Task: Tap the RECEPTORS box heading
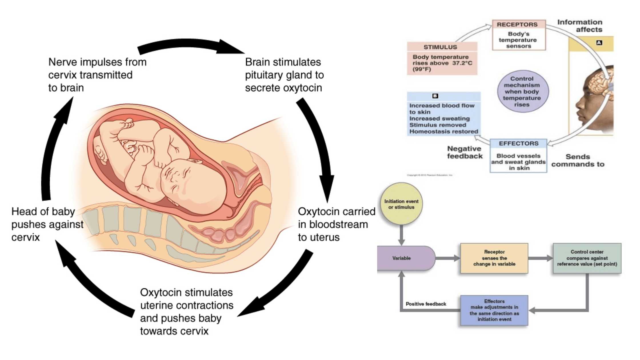click(517, 25)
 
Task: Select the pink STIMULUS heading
click(440, 47)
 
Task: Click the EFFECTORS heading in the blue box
click(519, 143)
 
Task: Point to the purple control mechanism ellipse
click(522, 91)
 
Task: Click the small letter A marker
click(599, 43)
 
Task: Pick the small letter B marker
click(435, 96)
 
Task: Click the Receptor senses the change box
click(494, 258)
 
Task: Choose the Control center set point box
click(587, 258)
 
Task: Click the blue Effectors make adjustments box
click(494, 310)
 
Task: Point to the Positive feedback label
click(426, 304)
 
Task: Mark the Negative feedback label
click(465, 153)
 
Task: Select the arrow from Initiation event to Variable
click(401, 235)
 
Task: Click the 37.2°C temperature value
click(462, 63)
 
